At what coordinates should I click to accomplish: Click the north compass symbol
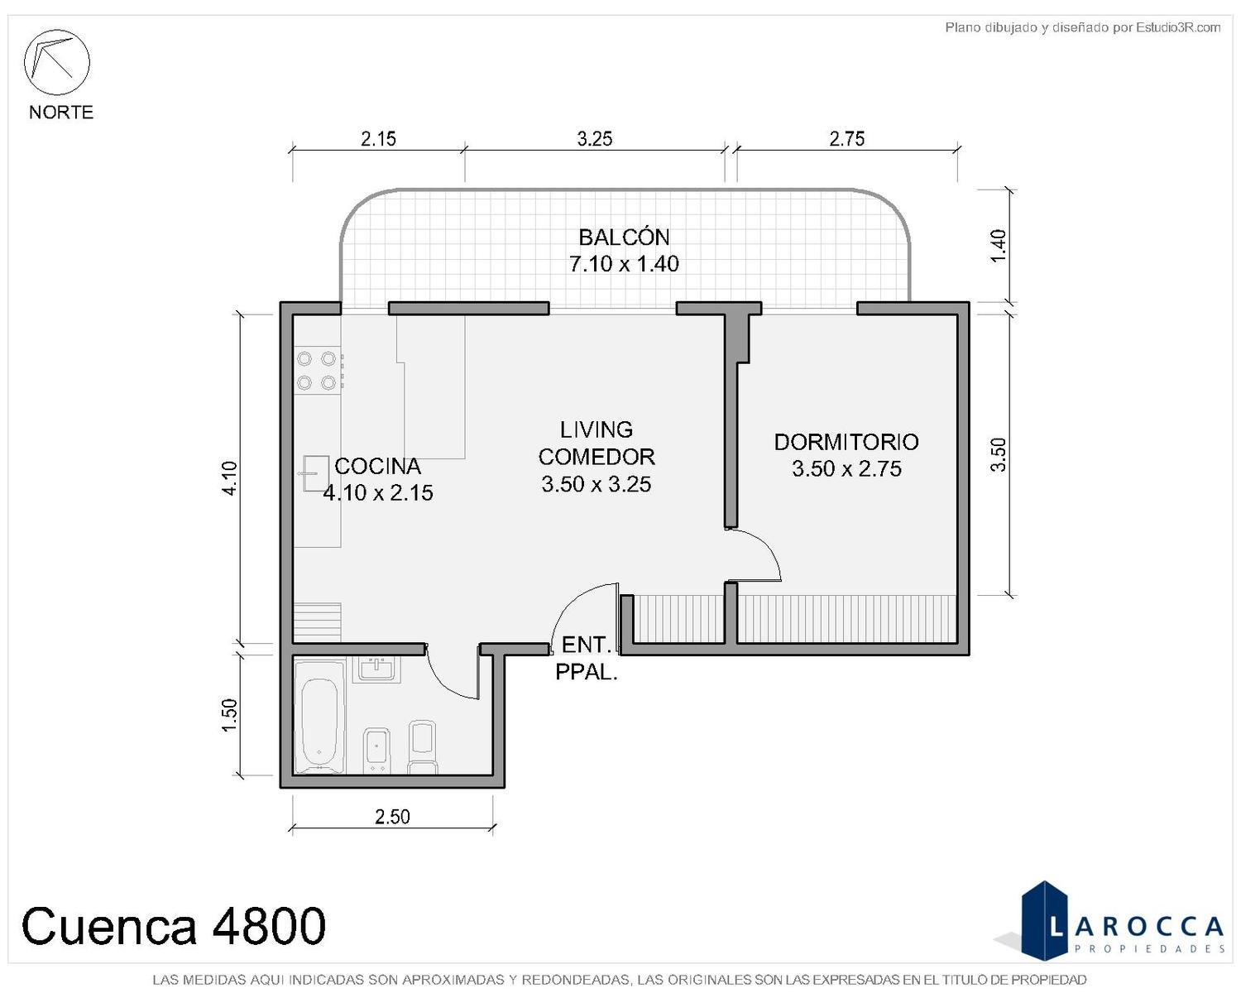click(x=56, y=62)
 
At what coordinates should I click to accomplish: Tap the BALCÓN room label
click(x=624, y=237)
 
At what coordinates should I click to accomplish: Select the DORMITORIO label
click(x=846, y=442)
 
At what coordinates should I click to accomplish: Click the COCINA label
click(x=378, y=466)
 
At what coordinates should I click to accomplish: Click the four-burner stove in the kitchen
click(x=318, y=371)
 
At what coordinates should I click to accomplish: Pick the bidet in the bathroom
click(x=376, y=751)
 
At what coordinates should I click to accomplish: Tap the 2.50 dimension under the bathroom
click(x=392, y=817)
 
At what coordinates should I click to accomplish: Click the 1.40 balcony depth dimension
click(x=999, y=246)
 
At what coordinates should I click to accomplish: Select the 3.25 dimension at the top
click(x=595, y=139)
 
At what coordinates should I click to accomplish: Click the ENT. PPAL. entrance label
click(x=587, y=659)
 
